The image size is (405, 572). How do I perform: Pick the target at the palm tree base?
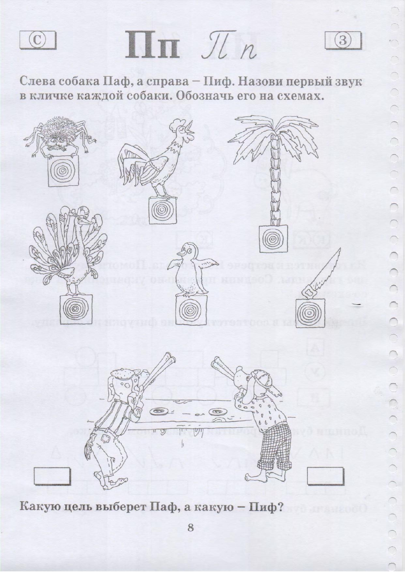coord(273,239)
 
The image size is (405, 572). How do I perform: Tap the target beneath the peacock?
coord(76,309)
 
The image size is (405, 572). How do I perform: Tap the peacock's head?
coord(82,219)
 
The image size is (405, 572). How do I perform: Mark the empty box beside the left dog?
coord(52,476)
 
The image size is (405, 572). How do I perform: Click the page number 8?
coord(191,527)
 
